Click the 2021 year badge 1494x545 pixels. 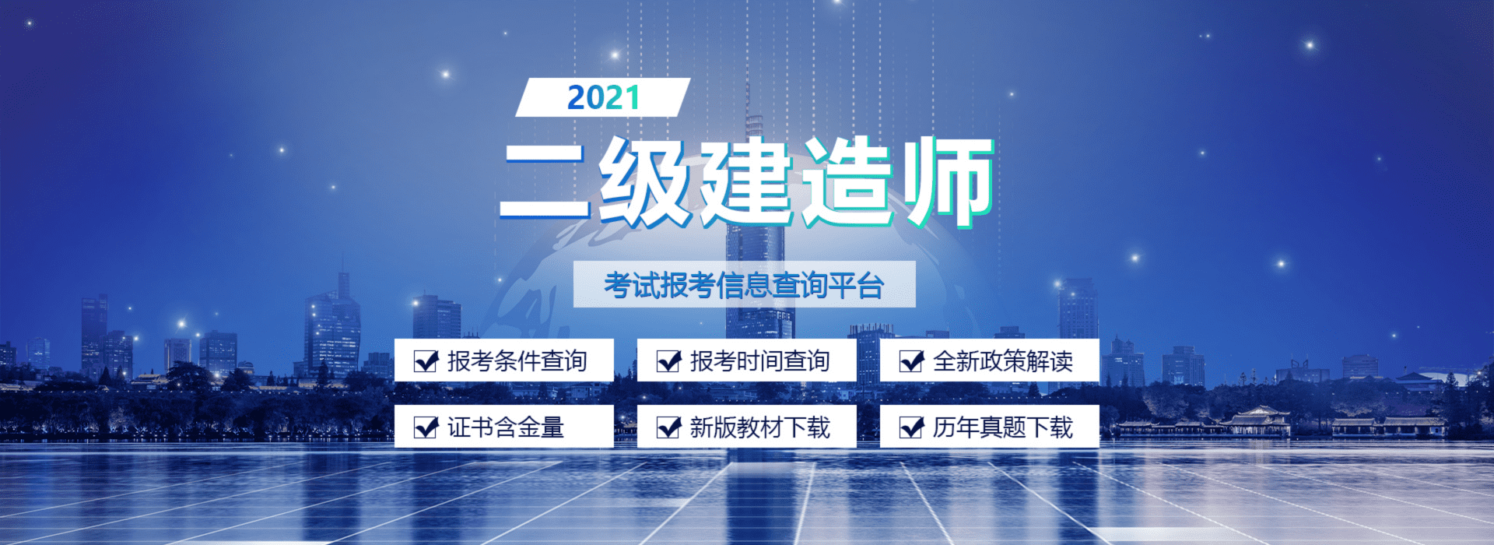pyautogui.click(x=603, y=97)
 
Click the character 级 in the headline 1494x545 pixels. pyautogui.click(x=645, y=181)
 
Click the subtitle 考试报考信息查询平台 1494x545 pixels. pyautogui.click(x=744, y=285)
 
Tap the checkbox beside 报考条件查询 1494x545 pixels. pyautogui.click(x=426, y=360)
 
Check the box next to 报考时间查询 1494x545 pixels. pyautogui.click(x=668, y=360)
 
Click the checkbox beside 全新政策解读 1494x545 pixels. pyautogui.click(x=911, y=360)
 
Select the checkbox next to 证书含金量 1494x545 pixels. pyautogui.click(x=426, y=427)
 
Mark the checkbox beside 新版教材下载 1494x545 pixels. pyautogui.click(x=668, y=427)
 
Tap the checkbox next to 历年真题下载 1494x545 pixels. pyautogui.click(x=911, y=427)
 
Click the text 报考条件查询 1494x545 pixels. pyautogui.click(x=517, y=361)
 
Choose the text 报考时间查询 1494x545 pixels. pyautogui.click(x=759, y=361)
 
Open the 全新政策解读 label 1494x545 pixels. pyautogui.click(x=1002, y=361)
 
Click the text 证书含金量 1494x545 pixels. pyautogui.click(x=505, y=427)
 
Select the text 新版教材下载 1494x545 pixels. pyautogui.click(x=759, y=427)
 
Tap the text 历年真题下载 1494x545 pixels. pyautogui.click(x=1002, y=427)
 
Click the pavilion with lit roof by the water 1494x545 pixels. pyautogui.click(x=1257, y=420)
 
